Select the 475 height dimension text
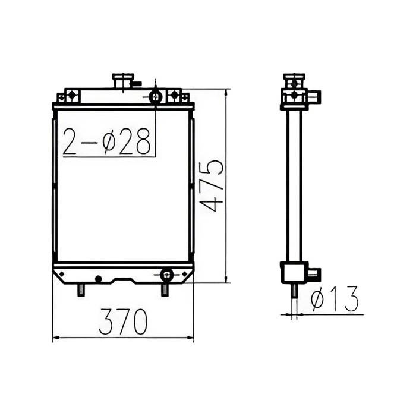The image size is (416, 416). click(x=212, y=185)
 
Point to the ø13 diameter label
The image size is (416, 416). click(x=335, y=300)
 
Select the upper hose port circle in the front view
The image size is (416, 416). click(x=155, y=96)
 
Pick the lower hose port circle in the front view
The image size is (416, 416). click(x=167, y=274)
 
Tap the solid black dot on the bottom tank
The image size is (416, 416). click(x=98, y=278)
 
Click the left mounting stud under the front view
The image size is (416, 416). click(x=81, y=290)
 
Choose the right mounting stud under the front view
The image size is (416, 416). click(x=165, y=290)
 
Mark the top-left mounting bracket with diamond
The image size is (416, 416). click(x=69, y=96)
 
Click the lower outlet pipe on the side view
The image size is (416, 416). click(x=313, y=274)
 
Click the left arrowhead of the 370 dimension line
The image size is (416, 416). click(x=55, y=338)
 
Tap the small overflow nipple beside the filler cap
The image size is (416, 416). click(x=137, y=84)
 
